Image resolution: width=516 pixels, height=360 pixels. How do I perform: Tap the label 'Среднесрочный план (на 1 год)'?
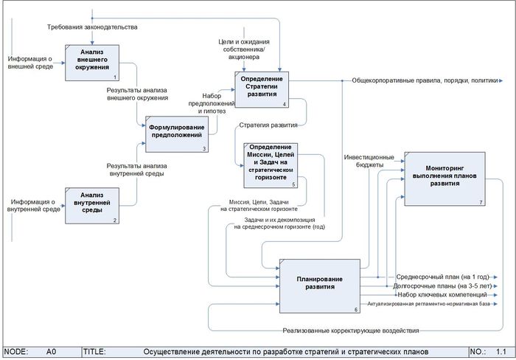[438, 275]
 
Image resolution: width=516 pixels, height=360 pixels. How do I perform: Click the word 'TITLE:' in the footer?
[96, 352]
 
